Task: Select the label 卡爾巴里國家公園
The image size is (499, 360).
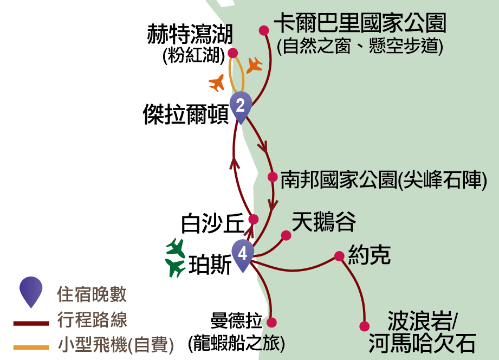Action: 360,23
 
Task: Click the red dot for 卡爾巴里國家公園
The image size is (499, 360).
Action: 264,30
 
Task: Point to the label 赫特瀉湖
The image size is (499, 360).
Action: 189,36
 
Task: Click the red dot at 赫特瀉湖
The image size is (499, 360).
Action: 232,53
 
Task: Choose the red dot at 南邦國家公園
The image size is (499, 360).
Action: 273,177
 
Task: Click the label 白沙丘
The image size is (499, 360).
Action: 212,222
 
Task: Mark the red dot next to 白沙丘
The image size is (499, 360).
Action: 253,219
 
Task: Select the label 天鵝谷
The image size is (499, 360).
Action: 323,222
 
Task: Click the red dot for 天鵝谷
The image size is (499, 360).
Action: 286,235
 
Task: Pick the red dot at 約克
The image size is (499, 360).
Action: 339,256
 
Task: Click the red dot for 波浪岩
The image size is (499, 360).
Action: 365,326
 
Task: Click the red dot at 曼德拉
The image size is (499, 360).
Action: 272,322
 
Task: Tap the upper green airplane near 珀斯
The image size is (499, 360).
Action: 176,247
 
